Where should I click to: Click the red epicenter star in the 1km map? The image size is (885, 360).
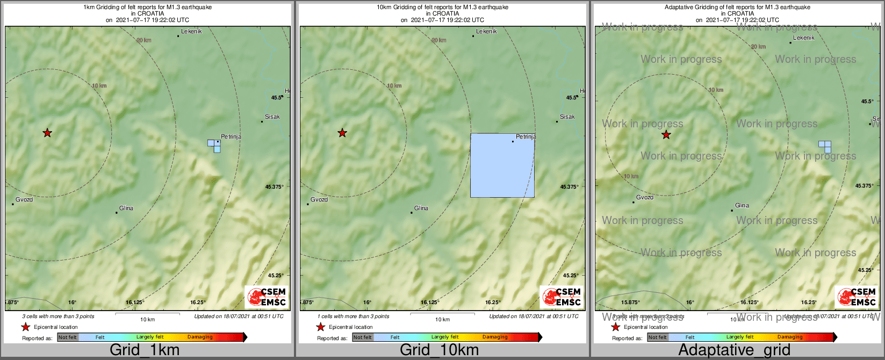47,133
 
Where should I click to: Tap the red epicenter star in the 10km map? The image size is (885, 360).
342,133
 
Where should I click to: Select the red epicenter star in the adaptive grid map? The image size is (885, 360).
666,135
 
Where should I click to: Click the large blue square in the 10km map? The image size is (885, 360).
502,165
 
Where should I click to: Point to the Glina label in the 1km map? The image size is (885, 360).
126,208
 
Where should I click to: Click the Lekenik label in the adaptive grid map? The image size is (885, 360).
804,38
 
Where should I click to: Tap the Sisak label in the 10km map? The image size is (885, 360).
567,117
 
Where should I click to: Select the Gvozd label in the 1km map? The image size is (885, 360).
24,199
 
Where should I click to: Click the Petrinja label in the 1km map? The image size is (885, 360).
231,136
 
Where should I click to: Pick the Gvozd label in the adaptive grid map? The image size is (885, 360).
645,197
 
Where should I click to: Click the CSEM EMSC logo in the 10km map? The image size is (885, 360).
562,297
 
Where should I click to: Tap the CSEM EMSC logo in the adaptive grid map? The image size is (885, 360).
857,297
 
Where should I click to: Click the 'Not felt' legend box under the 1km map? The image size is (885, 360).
68,337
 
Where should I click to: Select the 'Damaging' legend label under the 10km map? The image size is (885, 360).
495,337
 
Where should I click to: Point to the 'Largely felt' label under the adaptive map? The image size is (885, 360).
740,337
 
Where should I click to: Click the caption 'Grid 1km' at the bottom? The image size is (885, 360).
145,350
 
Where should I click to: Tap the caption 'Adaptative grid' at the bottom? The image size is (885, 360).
734,350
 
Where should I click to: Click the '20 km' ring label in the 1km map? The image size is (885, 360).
143,40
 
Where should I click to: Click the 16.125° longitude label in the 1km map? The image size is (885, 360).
135,302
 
